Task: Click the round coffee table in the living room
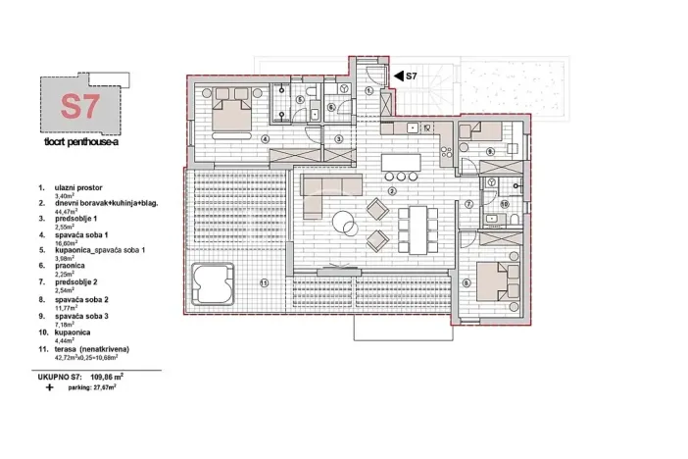tap(344, 224)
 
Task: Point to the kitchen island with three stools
tap(403, 162)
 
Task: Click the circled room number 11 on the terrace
tap(264, 283)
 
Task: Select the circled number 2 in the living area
tap(391, 190)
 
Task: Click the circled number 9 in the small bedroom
tap(489, 150)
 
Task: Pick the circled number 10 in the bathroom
tap(504, 203)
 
